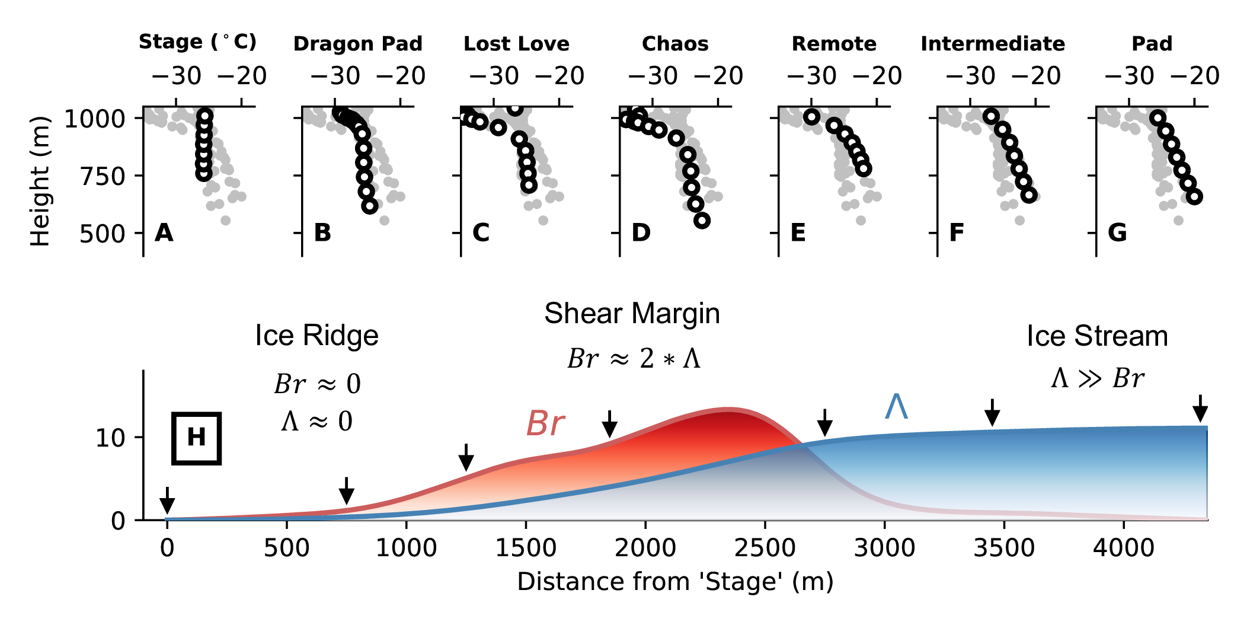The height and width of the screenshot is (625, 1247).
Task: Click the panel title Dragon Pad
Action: [x=357, y=44]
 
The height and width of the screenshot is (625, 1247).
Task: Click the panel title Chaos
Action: [x=675, y=44]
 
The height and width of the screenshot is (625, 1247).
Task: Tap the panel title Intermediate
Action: [x=993, y=44]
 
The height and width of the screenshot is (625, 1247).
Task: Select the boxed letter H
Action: [x=196, y=438]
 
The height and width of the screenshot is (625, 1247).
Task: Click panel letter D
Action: [x=641, y=232]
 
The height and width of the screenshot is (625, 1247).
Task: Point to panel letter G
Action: [x=1117, y=232]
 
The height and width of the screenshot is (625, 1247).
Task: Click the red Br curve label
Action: [x=545, y=423]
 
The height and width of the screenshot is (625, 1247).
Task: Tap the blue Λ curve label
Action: [x=896, y=407]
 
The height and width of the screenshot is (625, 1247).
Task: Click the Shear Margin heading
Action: [x=632, y=313]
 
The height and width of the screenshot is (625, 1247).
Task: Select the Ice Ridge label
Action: [x=316, y=336]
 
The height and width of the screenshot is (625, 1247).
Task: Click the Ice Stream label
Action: [x=1097, y=336]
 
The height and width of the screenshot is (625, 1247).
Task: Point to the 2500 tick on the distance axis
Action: [x=765, y=547]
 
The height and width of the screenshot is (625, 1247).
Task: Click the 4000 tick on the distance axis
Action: [x=1124, y=547]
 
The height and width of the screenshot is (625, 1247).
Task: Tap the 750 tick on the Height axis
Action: [x=103, y=176]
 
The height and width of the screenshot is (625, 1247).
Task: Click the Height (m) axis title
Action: [x=40, y=181]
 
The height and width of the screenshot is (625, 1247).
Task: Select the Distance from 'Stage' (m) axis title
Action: [x=675, y=582]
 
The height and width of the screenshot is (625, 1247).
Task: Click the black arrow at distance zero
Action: [x=167, y=502]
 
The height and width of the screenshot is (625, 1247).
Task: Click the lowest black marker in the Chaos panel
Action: [x=702, y=221]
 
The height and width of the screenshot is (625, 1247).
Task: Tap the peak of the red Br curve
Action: [x=728, y=409]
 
